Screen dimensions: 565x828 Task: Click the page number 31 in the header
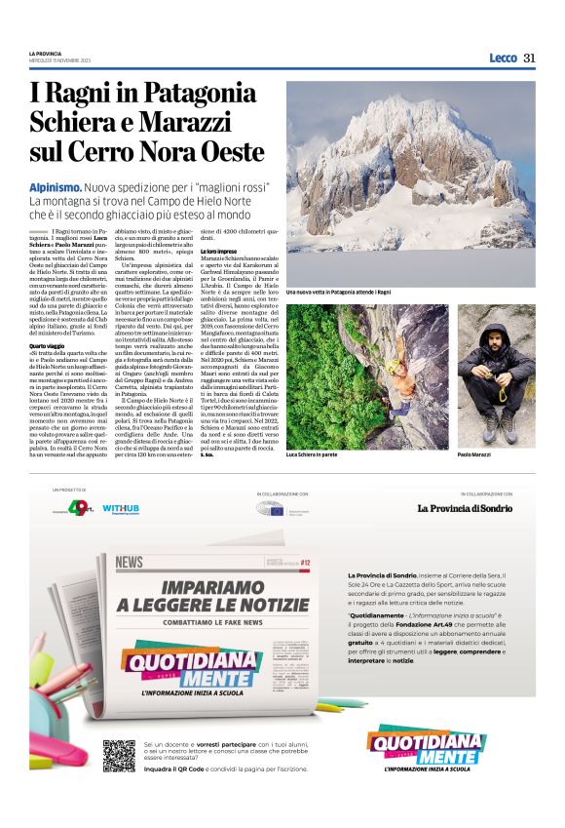pos(530,58)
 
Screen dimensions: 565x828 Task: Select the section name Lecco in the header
pos(503,58)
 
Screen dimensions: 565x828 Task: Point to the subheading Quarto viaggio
pos(50,346)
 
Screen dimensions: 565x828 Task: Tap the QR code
pos(120,755)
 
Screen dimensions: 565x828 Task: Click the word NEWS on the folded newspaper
pos(130,562)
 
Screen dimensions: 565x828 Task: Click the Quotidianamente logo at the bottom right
pos(426,748)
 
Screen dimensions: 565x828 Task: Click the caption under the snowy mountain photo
pos(338,292)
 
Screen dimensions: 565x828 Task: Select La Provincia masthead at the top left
pos(46,53)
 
